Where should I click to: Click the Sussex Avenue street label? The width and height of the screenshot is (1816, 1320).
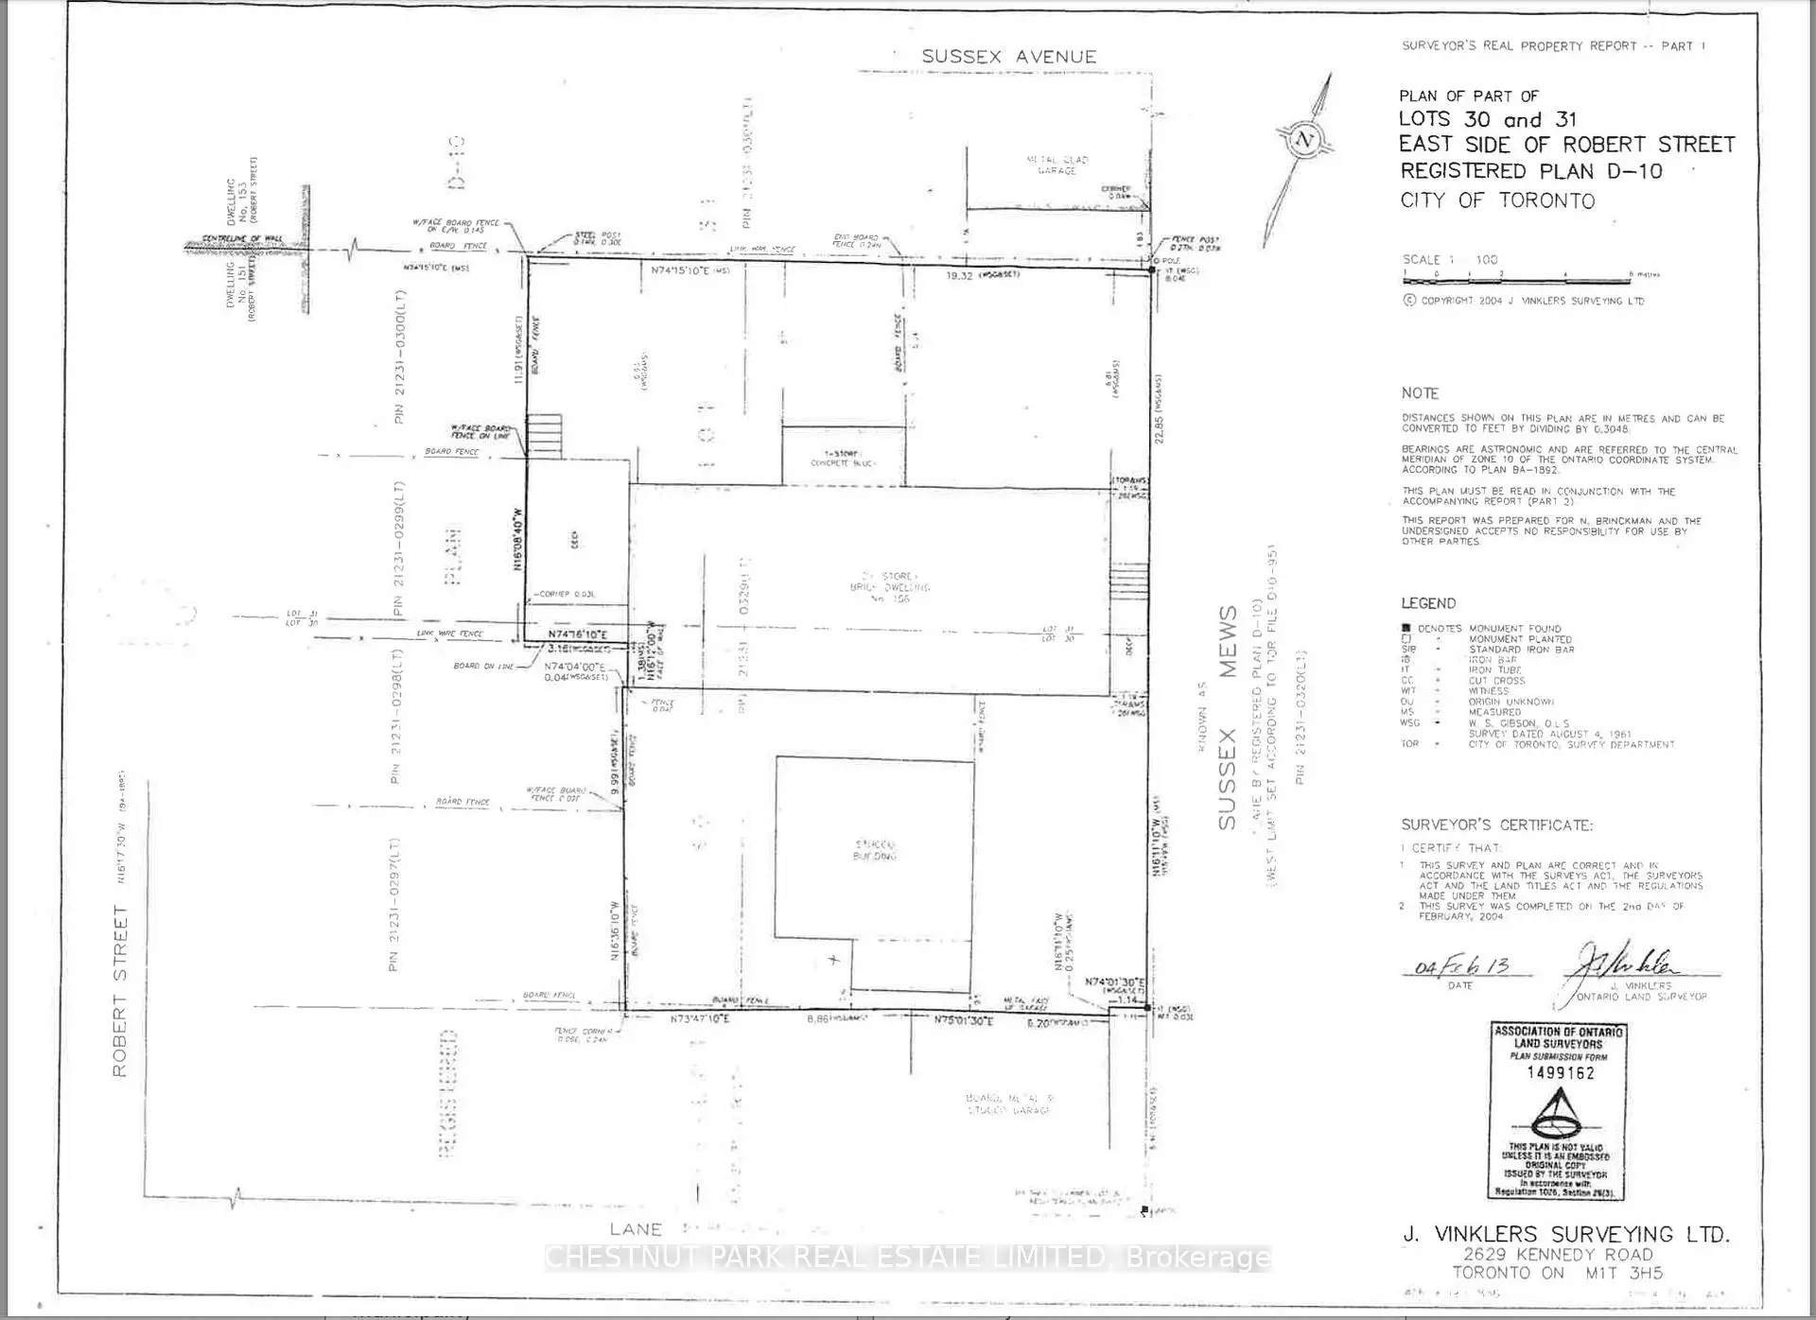pos(1008,57)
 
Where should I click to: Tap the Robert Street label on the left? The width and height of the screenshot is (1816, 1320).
pos(120,990)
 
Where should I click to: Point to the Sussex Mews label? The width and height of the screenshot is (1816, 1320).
pos(1227,719)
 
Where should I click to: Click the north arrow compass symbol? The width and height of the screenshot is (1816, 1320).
pos(1305,142)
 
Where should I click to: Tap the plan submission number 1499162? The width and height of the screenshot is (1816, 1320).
pos(1560,1072)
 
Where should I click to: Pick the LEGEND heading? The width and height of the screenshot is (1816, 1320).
pos(1428,603)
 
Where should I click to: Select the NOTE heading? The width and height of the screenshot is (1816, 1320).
pos(1420,393)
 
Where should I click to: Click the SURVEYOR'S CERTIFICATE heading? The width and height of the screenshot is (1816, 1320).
pos(1496,825)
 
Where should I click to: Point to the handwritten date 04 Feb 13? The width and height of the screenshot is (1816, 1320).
pos(1460,967)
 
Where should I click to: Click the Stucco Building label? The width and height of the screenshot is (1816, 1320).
pos(875,850)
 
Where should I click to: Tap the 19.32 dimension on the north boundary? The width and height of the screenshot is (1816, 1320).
pos(959,276)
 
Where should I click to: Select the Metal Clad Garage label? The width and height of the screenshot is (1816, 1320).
pos(1056,165)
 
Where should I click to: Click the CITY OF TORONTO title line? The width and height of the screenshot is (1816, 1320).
pos(1497,200)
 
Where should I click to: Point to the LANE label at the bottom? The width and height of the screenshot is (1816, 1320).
pos(636,1229)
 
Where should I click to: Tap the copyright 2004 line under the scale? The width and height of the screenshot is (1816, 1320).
pos(1524,301)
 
